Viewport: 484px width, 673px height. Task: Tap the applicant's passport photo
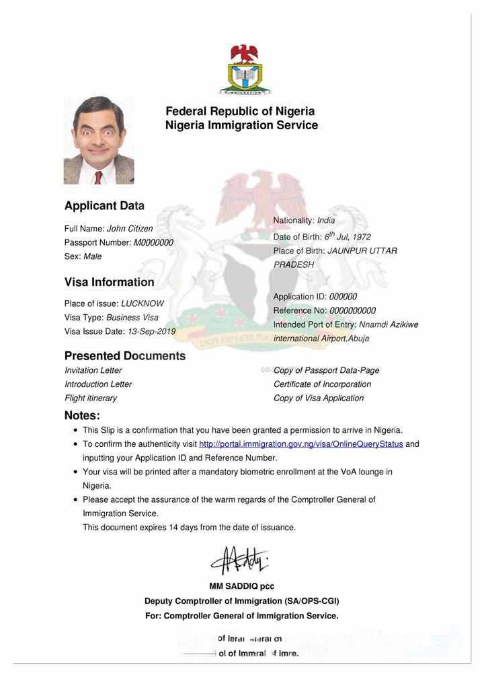point(99,141)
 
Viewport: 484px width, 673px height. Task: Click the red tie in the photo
point(98,177)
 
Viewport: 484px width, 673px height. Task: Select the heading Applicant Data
point(104,206)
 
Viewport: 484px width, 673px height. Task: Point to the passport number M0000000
point(153,242)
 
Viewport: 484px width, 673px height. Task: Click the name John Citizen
point(130,229)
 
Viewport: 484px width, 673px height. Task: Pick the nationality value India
point(326,220)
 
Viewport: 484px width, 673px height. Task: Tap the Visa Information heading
point(110,282)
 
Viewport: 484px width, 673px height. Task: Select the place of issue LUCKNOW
point(143,304)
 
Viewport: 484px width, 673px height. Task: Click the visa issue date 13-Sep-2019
point(151,331)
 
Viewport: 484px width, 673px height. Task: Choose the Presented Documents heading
point(125,355)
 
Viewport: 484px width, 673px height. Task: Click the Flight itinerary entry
point(91,398)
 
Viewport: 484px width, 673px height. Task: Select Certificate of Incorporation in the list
point(322,384)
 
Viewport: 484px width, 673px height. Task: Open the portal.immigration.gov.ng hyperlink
point(301,444)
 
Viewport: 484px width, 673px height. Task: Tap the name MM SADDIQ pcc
point(241,586)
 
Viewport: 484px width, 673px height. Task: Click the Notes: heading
point(82,415)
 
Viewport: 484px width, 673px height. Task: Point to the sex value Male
point(93,256)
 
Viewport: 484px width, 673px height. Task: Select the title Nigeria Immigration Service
point(241,125)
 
